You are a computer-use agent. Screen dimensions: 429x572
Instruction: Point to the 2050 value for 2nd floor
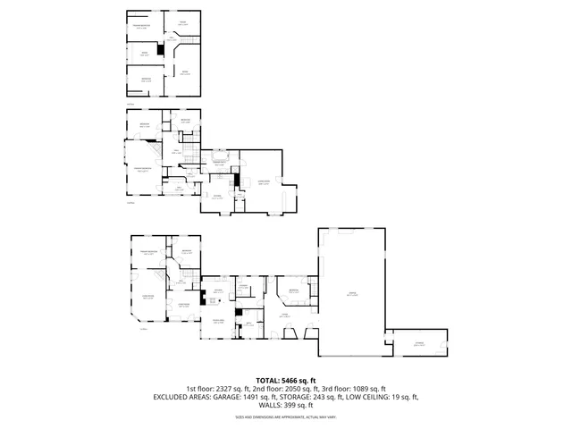tap(299, 389)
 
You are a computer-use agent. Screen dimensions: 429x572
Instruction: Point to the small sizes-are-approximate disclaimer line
tap(286, 416)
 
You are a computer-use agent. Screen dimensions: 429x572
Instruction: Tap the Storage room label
tap(417, 343)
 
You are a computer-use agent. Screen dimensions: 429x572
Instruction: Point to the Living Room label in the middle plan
tap(265, 182)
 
